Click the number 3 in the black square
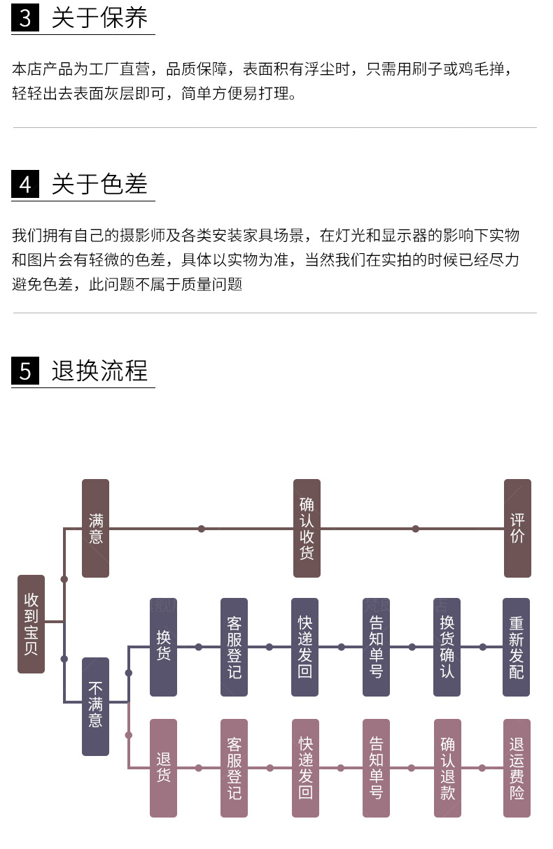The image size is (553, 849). (x=25, y=19)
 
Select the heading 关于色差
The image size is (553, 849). (x=99, y=185)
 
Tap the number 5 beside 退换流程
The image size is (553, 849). (x=25, y=371)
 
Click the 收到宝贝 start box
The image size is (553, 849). (x=31, y=624)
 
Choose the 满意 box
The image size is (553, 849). (x=96, y=528)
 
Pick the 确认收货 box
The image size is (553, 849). (x=307, y=528)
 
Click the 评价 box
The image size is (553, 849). (x=517, y=528)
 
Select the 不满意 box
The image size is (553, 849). (x=96, y=706)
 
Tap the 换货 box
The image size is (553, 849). (x=164, y=647)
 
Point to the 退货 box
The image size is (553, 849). (x=164, y=768)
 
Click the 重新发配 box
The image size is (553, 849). (x=517, y=647)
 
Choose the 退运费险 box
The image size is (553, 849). (x=517, y=768)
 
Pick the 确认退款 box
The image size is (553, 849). (x=447, y=768)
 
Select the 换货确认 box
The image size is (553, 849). (x=447, y=647)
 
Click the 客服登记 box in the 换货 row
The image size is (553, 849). (x=234, y=647)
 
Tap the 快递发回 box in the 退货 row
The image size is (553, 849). (x=305, y=768)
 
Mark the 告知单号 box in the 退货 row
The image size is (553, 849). (x=376, y=768)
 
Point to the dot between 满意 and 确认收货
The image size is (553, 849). (x=202, y=529)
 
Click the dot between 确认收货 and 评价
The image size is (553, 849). (x=415, y=529)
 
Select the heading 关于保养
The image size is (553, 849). (x=99, y=19)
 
